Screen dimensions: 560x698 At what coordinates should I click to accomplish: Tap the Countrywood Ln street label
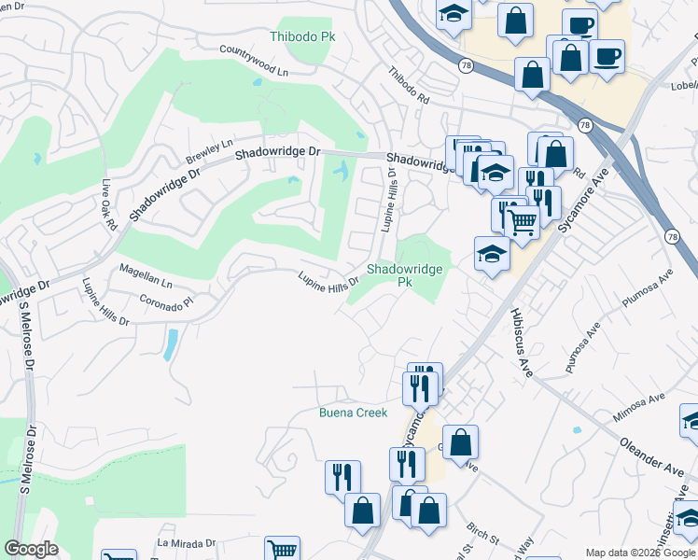coord(255,58)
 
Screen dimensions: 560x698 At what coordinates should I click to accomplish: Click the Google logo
coord(31,549)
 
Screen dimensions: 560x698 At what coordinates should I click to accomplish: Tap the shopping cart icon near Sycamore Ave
coord(523,220)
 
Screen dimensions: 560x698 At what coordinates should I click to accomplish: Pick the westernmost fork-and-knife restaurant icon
coord(342,476)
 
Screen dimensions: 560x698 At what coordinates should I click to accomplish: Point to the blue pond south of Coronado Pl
coord(171,343)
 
